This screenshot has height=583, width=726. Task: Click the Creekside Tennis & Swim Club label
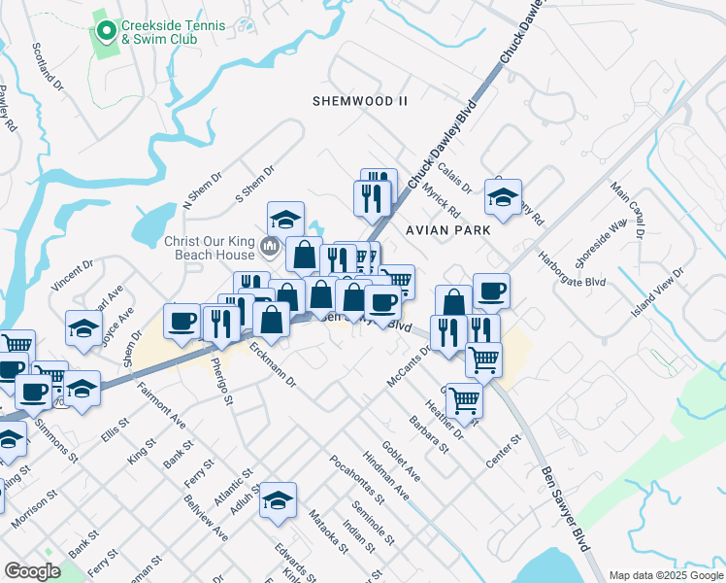(x=159, y=32)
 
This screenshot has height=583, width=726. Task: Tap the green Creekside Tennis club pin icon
(x=106, y=32)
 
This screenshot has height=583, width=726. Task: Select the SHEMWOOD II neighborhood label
(x=360, y=101)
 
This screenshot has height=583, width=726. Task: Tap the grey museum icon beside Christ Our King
(x=269, y=248)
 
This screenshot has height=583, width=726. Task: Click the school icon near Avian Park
(x=503, y=197)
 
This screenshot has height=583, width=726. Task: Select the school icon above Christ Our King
(x=286, y=219)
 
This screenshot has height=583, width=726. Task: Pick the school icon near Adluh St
(x=278, y=499)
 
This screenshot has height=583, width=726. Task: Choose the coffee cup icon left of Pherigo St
(x=181, y=322)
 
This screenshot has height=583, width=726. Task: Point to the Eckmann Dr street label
(x=272, y=363)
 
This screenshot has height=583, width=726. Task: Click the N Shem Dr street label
(x=202, y=198)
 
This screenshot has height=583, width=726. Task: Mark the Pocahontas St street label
(x=356, y=479)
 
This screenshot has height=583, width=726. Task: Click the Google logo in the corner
(x=33, y=571)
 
